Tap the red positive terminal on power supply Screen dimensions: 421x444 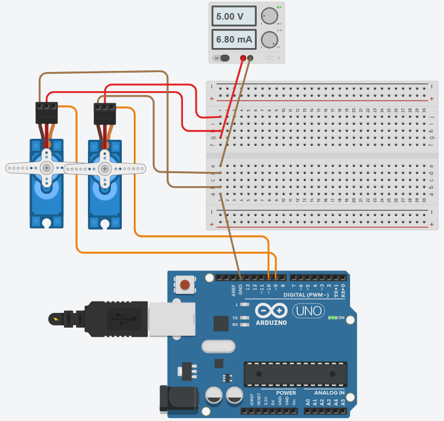coord(243,58)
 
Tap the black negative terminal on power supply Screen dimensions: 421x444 coord(251,58)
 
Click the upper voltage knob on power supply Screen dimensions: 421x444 coord(269,16)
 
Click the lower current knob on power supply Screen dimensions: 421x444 coord(269,39)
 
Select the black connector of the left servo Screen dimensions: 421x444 coord(47,112)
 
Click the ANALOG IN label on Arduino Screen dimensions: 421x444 coord(329,393)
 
